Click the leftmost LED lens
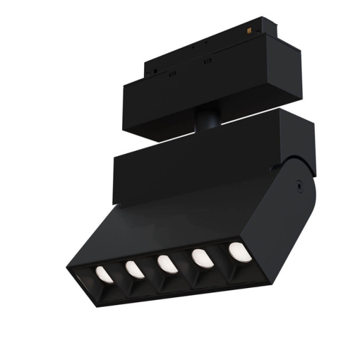104,275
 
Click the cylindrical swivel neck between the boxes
207,120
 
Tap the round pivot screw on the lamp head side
299,187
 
